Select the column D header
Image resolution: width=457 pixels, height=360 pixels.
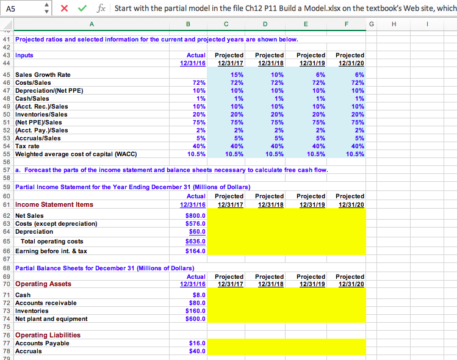pyautogui.click(x=265, y=24)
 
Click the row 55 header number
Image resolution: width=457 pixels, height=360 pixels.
pyautogui.click(x=7, y=154)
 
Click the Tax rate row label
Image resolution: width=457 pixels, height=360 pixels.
pyautogui.click(x=28, y=146)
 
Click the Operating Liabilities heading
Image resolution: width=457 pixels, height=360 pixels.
pyautogui.click(x=48, y=335)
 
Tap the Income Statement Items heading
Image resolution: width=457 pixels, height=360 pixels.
pyautogui.click(x=54, y=204)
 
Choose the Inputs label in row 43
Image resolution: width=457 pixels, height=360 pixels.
pyautogui.click(x=25, y=55)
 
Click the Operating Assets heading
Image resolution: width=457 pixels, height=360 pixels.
pyautogui.click(x=43, y=284)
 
